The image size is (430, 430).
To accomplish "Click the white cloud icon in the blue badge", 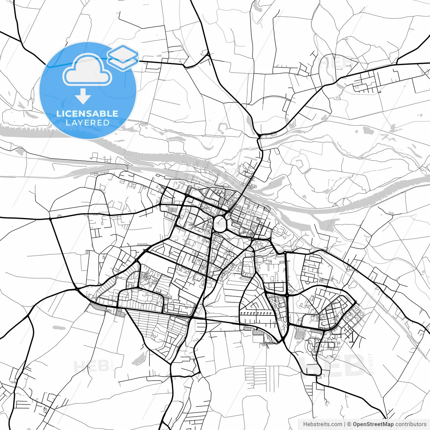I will coord(87,70).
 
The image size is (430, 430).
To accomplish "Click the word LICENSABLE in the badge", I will coord(87,114).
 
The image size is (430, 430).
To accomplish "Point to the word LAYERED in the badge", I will coord(87,123).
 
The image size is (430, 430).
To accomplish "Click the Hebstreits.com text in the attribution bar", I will coord(322,424).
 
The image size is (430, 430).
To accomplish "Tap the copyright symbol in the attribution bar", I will coord(349,424).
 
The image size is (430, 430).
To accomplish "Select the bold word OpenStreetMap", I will coord(373,424).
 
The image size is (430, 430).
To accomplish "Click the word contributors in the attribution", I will coord(411,424).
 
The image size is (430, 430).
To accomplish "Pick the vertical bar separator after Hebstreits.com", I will coord(345,424).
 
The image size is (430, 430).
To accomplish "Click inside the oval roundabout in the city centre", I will coord(220,224).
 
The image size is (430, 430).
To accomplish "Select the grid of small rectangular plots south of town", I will coord(255,376).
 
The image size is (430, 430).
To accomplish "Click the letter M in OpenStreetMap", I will coord(386,424).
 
